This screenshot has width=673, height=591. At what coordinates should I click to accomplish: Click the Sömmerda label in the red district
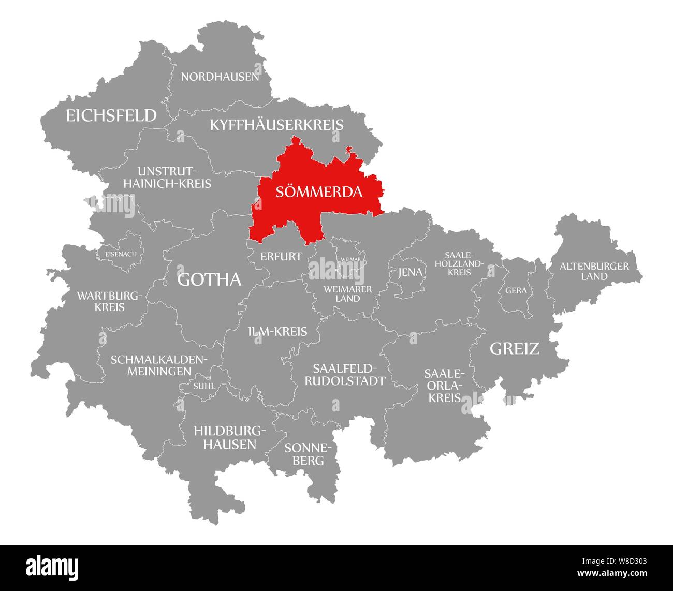tap(319, 192)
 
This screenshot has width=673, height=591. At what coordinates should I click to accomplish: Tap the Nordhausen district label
tap(220, 77)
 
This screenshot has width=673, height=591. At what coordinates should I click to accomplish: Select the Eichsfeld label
tap(111, 115)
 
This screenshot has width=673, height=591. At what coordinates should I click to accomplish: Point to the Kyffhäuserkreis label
tap(276, 125)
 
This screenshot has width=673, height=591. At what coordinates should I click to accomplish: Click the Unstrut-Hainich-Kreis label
tap(174, 177)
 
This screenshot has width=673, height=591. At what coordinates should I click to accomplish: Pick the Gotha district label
tap(209, 279)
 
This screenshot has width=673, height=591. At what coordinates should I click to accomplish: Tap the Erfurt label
tap(281, 256)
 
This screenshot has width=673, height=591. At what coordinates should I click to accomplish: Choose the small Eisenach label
tap(121, 254)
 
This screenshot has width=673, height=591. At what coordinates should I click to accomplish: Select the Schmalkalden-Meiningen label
tap(159, 365)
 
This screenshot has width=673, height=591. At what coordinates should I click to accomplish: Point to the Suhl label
tap(204, 386)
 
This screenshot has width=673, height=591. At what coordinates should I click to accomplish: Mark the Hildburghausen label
tap(229, 437)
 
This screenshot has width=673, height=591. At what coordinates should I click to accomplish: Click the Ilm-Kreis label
tap(277, 332)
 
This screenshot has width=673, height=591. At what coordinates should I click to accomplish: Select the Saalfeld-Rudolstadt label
tap(345, 375)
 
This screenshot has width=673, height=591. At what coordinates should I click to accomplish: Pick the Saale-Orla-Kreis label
tap(444, 386)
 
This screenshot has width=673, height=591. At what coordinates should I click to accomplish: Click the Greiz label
tap(514, 349)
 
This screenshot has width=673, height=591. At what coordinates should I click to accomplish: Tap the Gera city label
tap(516, 291)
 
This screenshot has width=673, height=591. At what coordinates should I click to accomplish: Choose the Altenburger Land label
tap(594, 271)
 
